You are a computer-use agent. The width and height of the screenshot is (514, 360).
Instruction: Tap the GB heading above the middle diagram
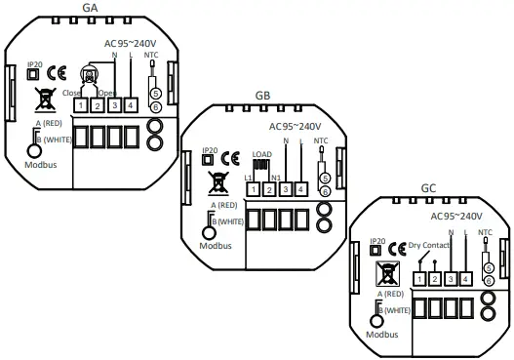(x=262, y=96)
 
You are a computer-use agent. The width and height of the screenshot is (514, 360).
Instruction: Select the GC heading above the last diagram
(x=428, y=186)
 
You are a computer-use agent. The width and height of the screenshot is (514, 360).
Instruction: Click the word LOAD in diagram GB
(x=261, y=153)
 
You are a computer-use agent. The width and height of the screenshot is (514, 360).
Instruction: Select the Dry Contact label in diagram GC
(x=429, y=245)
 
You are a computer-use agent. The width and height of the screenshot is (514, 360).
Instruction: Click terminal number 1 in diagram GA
(x=83, y=103)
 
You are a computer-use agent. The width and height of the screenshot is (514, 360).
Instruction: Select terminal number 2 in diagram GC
(x=434, y=279)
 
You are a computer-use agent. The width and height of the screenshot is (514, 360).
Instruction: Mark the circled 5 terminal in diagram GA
(x=154, y=96)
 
